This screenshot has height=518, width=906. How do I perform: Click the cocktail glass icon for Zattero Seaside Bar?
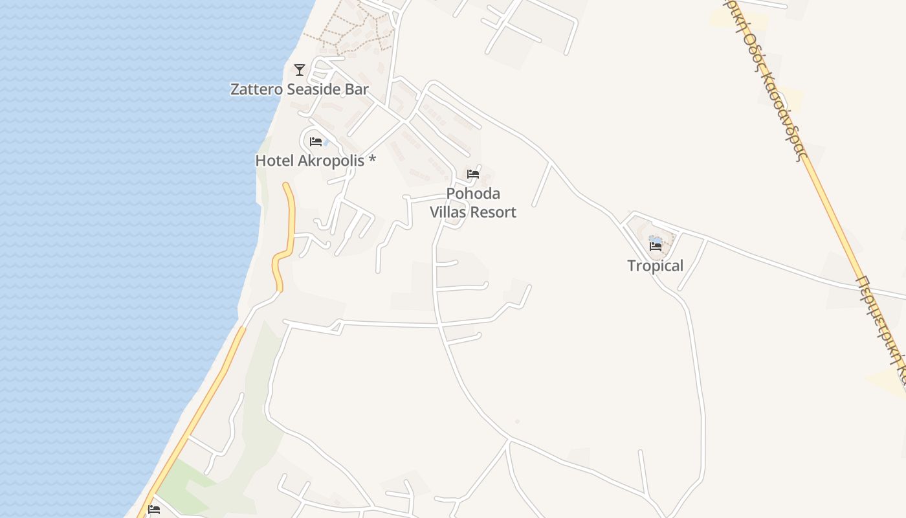click(300, 69)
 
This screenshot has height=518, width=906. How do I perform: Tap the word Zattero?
click(256, 89)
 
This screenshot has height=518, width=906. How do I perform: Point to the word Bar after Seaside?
click(357, 89)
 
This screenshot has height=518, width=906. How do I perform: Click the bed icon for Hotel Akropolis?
click(316, 142)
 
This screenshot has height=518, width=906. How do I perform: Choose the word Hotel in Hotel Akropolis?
click(274, 161)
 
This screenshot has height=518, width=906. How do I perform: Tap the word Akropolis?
click(331, 161)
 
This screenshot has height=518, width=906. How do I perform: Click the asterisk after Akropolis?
click(372, 159)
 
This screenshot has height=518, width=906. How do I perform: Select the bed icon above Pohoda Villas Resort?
click(473, 174)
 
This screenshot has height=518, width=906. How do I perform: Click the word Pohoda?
click(473, 194)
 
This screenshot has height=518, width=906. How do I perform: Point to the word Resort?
click(494, 212)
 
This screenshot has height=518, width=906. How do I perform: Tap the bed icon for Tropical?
click(656, 247)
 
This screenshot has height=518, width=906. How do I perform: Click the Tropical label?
click(656, 265)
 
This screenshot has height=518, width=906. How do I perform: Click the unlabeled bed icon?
click(154, 510)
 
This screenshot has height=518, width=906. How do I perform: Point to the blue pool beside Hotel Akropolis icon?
click(325, 142)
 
